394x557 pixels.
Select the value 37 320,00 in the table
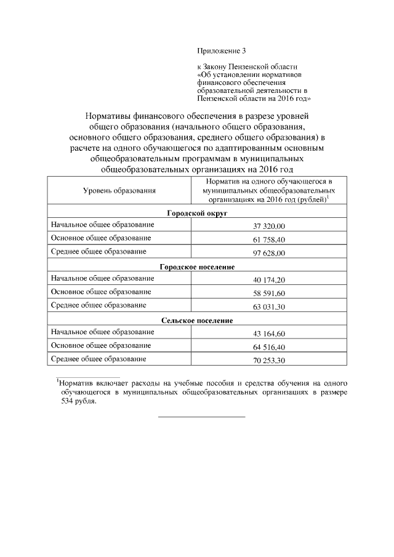[x=269, y=226]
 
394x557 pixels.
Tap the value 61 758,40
[x=269, y=239]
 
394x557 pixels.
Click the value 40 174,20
[x=269, y=280]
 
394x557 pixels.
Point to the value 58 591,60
[x=269, y=293]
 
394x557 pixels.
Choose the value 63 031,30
[x=269, y=307]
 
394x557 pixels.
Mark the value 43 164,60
[x=269, y=334]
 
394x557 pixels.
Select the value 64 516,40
[x=269, y=347]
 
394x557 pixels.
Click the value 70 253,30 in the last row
[x=269, y=361]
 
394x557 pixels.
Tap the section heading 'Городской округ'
[x=198, y=213]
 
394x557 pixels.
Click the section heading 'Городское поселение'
[x=198, y=266]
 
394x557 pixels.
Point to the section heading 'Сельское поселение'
[x=198, y=320]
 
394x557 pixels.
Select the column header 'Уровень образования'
[x=119, y=191]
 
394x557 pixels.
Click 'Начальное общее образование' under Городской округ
[x=102, y=225]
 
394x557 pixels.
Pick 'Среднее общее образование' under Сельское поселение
[x=98, y=359]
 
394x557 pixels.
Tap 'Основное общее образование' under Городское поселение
[x=101, y=292]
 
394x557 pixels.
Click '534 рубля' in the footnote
[x=78, y=401]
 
